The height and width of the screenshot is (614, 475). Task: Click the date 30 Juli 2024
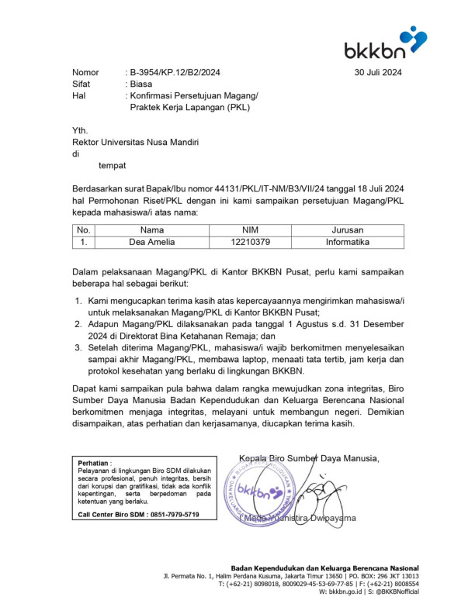(378, 72)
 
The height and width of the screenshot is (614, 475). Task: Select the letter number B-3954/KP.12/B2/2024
(176, 72)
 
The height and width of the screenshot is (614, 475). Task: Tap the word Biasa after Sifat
(141, 84)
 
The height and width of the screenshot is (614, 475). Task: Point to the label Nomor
(86, 72)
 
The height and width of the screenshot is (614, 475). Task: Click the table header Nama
(152, 230)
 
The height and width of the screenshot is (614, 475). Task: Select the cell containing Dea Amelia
(152, 242)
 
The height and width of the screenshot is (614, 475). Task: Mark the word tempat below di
(112, 165)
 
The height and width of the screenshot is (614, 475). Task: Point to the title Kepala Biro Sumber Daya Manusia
(309, 457)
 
